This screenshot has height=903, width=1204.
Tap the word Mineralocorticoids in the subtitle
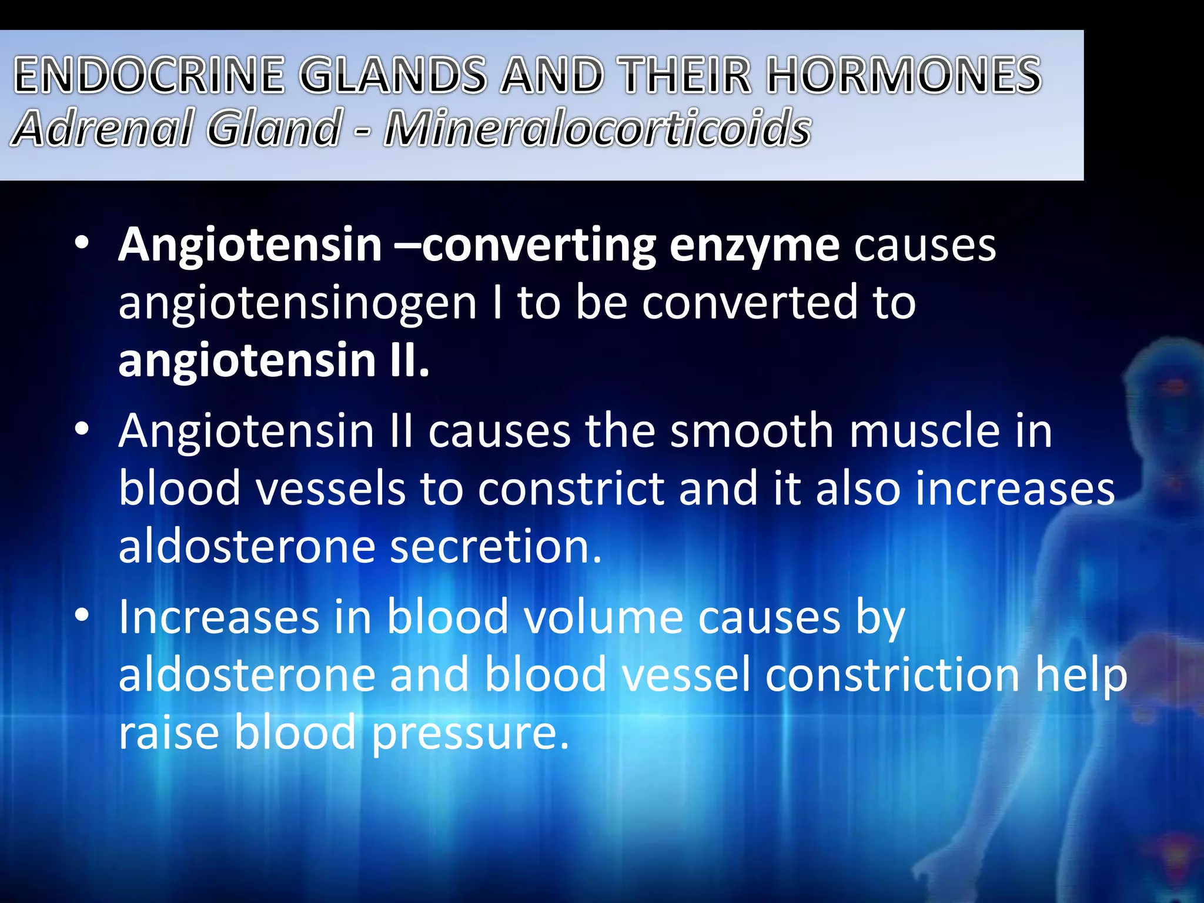pyautogui.click(x=597, y=128)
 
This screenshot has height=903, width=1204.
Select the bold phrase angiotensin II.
pyautogui.click(x=273, y=360)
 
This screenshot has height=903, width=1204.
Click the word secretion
pyautogui.click(x=496, y=547)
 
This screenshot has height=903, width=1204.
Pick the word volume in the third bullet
pyautogui.click(x=603, y=617)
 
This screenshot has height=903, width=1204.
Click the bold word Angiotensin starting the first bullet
pyautogui.click(x=250, y=245)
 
